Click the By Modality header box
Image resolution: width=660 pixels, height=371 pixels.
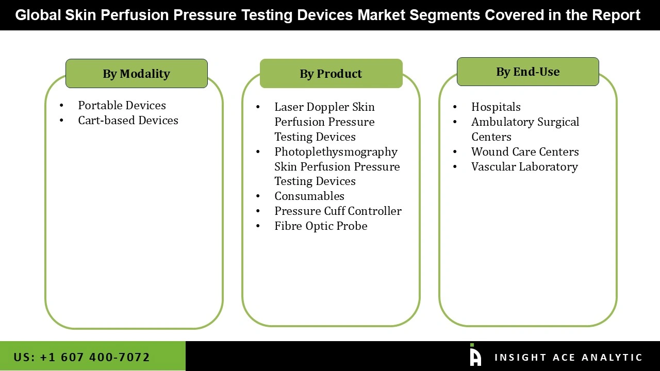(x=136, y=74)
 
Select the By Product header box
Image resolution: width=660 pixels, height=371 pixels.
(x=331, y=74)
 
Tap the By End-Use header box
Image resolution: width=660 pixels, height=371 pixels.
(x=527, y=72)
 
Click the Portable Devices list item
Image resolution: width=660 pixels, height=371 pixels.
(x=122, y=105)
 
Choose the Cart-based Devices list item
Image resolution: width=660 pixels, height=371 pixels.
(x=128, y=120)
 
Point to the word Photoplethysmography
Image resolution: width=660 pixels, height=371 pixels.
(x=336, y=151)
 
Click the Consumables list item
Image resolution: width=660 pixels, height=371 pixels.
(x=309, y=196)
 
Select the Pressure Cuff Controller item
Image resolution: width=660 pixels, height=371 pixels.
(x=338, y=211)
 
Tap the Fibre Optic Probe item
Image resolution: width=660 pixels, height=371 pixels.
(x=321, y=226)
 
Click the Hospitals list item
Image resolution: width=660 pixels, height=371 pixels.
(x=496, y=107)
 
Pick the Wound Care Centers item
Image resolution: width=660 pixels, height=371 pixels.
(x=525, y=151)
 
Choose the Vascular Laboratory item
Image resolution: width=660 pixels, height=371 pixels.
(x=524, y=166)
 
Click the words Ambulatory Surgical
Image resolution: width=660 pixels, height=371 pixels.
(x=525, y=122)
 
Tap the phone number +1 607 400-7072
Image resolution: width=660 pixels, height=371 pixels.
(x=94, y=357)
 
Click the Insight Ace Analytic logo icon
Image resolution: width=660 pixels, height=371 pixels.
(x=475, y=356)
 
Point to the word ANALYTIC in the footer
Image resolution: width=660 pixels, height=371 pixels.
(x=612, y=357)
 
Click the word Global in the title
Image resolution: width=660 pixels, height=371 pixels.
(x=38, y=15)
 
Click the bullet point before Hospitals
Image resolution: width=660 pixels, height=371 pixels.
(x=455, y=107)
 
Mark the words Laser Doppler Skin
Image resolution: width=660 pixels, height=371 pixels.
(x=324, y=107)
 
